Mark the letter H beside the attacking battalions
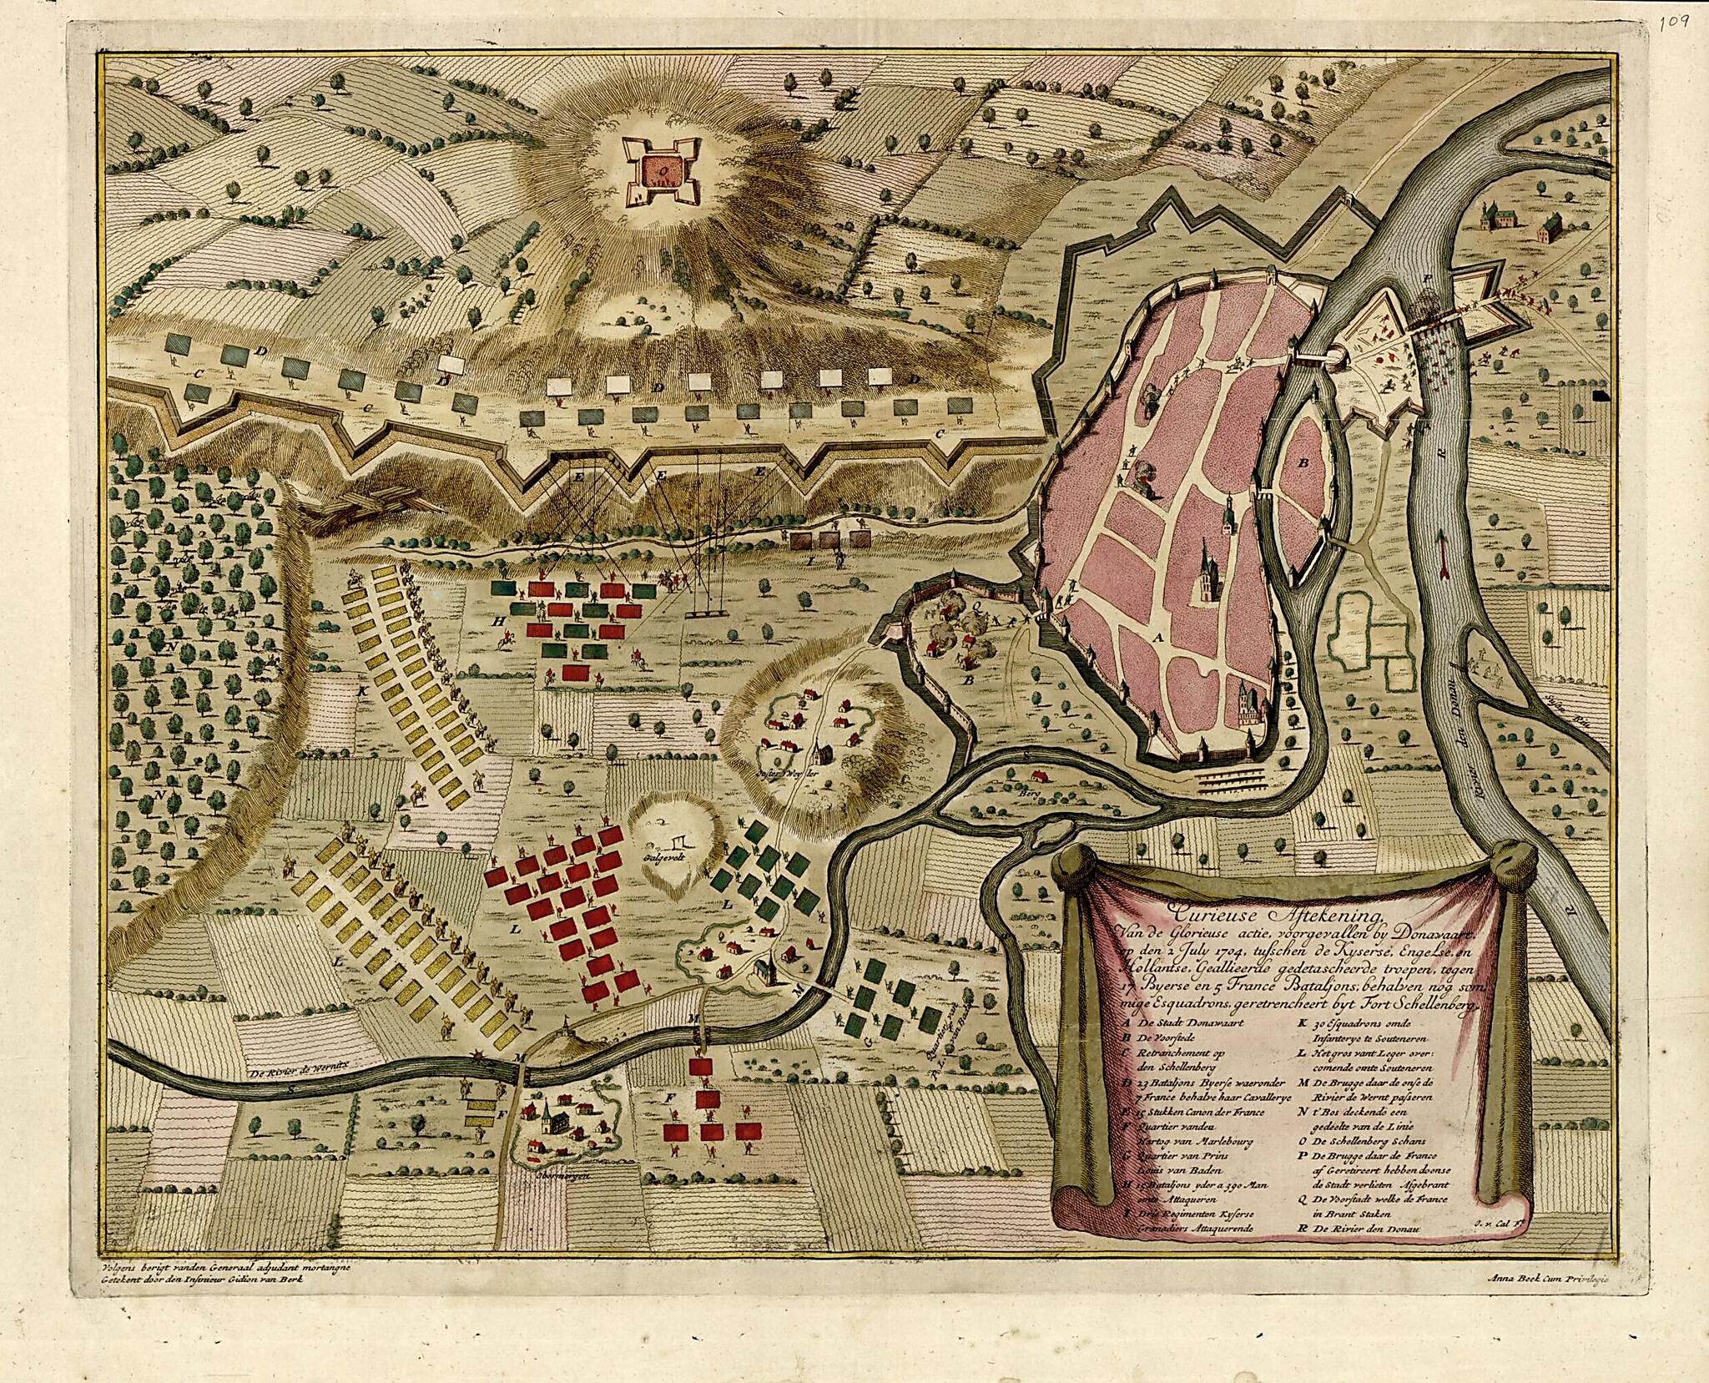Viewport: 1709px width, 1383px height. (497, 622)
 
